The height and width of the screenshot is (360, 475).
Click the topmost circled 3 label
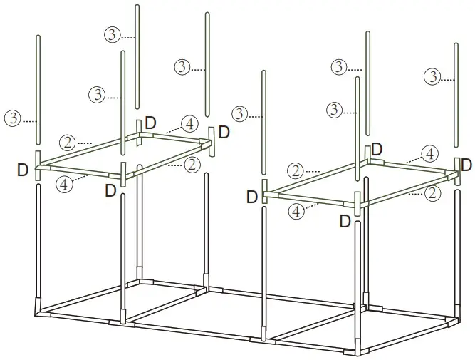tap(112, 34)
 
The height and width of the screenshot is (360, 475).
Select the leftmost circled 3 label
tap(12, 118)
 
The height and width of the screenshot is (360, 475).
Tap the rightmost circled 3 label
tap(431, 76)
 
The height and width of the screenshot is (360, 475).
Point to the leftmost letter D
tap(24, 170)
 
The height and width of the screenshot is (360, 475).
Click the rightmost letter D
tap(466, 165)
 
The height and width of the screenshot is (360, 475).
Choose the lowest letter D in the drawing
tap(345, 222)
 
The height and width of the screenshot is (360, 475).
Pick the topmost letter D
tap(150, 122)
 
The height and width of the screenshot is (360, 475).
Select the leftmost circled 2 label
tap(68, 142)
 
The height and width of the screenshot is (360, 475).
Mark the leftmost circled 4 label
tap(64, 184)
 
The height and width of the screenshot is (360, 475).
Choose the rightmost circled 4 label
tap(429, 153)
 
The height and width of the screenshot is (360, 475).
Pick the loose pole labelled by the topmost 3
tap(137, 57)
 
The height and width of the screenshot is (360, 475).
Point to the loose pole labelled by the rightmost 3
tap(456, 93)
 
